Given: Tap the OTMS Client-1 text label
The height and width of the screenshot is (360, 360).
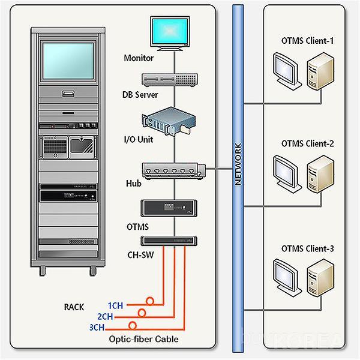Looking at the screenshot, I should [x=308, y=42].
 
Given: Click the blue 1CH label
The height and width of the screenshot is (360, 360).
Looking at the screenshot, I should [x=115, y=305].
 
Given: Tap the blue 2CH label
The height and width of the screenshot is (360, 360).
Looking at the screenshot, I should [x=104, y=316].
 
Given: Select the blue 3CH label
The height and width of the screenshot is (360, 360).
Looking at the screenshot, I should [x=96, y=327].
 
